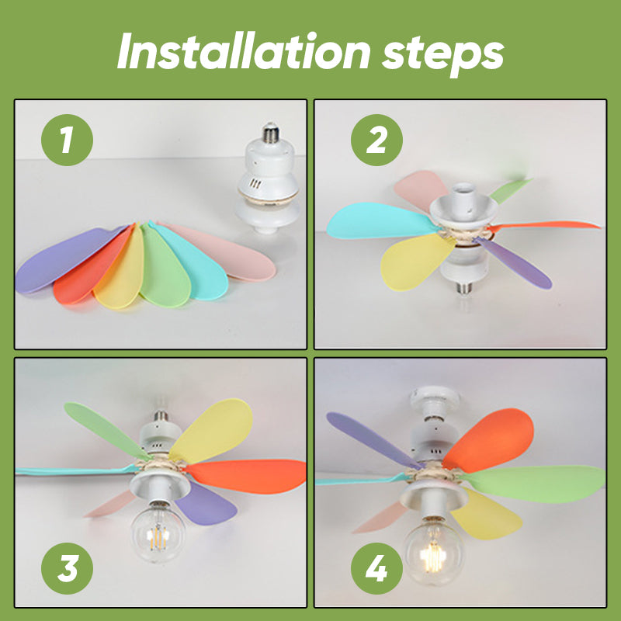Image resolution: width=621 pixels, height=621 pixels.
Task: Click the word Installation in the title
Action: point(244,51)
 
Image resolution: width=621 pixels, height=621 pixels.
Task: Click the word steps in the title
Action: point(442,55)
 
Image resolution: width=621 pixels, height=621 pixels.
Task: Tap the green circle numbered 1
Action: point(67,140)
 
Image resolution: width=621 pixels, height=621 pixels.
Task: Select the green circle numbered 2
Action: point(376,140)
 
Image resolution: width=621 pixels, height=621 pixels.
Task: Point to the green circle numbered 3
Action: point(67,568)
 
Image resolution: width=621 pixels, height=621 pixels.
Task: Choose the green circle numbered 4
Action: point(376,568)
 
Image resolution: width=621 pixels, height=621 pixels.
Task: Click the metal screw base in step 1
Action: point(271,133)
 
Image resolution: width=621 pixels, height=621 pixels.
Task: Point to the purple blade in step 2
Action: point(515,262)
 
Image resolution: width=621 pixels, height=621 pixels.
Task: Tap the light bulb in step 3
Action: point(158,533)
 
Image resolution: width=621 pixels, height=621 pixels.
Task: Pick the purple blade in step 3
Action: point(206,508)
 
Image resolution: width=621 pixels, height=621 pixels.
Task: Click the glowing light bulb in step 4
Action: point(433,553)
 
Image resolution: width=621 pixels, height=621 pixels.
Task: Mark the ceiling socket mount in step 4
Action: point(435,401)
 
